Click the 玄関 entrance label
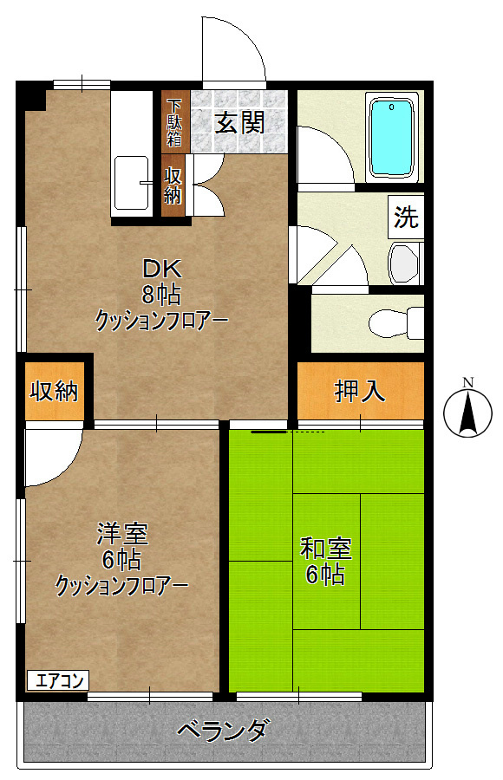coord(239,123)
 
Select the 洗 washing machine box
coord(406,218)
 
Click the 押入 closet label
coord(360,391)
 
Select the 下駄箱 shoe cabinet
coord(174,120)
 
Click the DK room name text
coord(160,269)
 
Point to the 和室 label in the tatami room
coord(325,548)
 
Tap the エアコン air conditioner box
coord(58,680)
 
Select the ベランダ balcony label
coord(223,731)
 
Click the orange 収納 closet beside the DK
coord(55,392)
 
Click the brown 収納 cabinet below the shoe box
coord(173,184)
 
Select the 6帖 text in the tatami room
coord(325,574)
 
